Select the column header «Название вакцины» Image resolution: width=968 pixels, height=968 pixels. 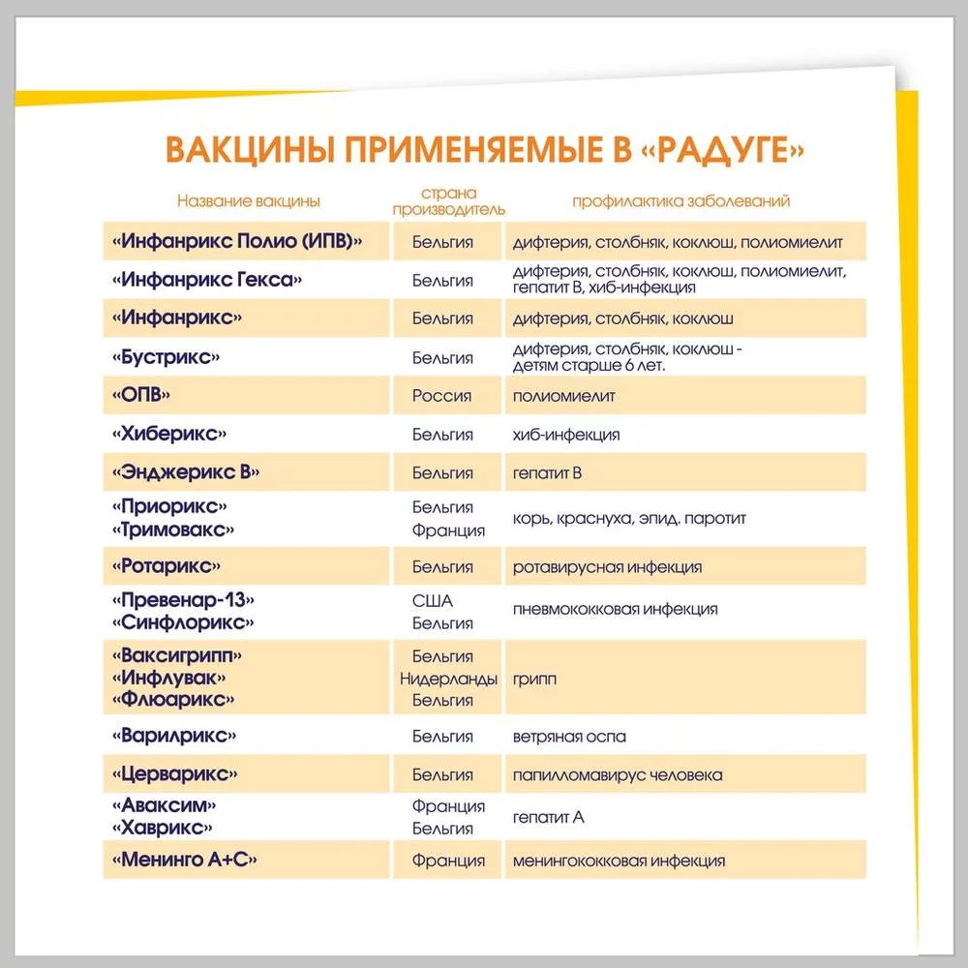click(x=249, y=201)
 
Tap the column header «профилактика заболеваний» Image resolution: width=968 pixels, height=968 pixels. click(x=681, y=201)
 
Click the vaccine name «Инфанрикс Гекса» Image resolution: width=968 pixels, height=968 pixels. click(x=208, y=280)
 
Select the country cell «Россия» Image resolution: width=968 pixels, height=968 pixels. click(x=442, y=396)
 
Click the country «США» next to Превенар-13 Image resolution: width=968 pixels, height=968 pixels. click(x=433, y=600)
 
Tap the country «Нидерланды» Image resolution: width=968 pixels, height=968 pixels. click(x=449, y=679)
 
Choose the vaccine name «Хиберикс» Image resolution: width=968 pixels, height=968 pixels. click(x=175, y=435)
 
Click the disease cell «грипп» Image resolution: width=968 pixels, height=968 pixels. click(x=534, y=680)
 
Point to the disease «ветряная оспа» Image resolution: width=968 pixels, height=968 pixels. click(x=569, y=737)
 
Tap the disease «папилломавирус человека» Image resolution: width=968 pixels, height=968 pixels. click(x=618, y=775)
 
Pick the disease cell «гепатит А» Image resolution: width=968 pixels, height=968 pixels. click(x=549, y=818)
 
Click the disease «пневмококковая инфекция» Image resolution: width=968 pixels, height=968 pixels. click(x=616, y=610)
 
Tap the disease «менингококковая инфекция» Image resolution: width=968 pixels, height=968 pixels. click(x=620, y=861)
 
